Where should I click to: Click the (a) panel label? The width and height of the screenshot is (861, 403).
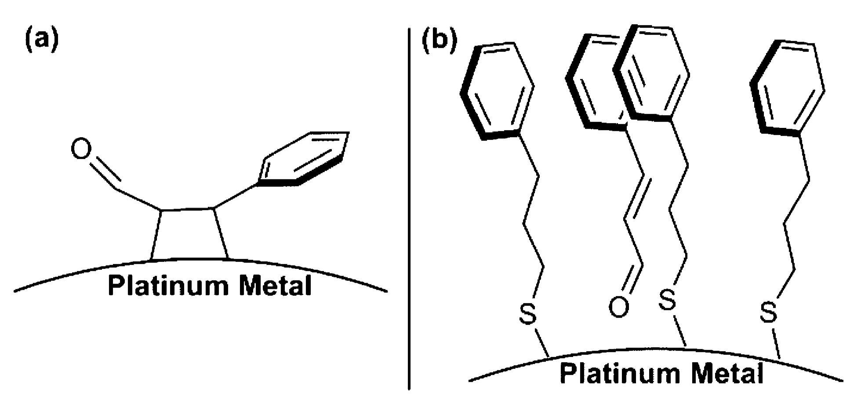40,41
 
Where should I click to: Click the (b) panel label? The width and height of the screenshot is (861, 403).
439,41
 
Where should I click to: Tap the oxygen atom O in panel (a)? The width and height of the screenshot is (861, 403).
82,150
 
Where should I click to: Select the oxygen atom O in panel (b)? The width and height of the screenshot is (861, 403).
619,307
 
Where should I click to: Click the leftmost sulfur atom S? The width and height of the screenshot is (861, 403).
528,314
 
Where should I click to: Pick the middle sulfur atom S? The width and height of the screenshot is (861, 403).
667,300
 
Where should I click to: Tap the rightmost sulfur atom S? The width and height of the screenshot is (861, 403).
768,312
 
